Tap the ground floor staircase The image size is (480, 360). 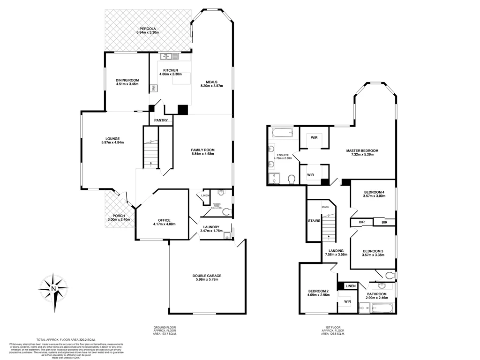coord(150,152)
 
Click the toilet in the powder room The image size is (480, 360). coord(227,212)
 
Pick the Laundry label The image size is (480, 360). coord(210,227)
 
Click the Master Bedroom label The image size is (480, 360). coord(362,150)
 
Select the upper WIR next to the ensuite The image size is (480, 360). coord(313,137)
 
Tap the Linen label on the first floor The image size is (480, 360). coord(351,286)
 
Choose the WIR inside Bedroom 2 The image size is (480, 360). coord(348,302)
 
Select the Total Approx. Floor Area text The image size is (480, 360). coord(66,339)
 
